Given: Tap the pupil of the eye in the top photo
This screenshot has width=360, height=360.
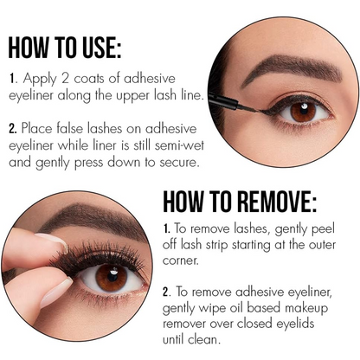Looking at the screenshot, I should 304,111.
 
